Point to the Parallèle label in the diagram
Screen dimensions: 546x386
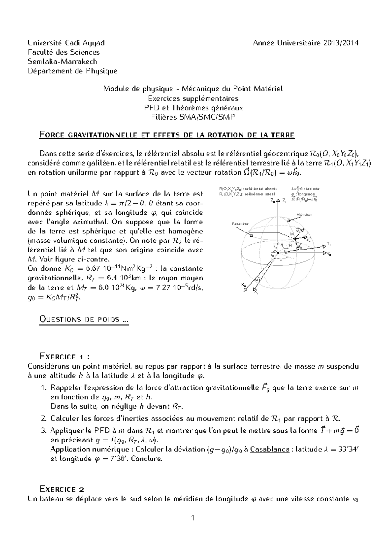[240, 223]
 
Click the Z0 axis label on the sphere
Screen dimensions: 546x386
[273, 200]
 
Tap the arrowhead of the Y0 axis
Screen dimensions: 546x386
[324, 253]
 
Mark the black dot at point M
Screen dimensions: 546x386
[295, 239]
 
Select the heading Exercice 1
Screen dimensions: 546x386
[64, 356]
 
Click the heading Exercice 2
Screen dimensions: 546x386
[61, 489]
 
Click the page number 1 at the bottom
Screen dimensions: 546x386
[193, 518]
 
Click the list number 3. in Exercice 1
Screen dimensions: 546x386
[44, 431]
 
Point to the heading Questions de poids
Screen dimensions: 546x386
[84, 319]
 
